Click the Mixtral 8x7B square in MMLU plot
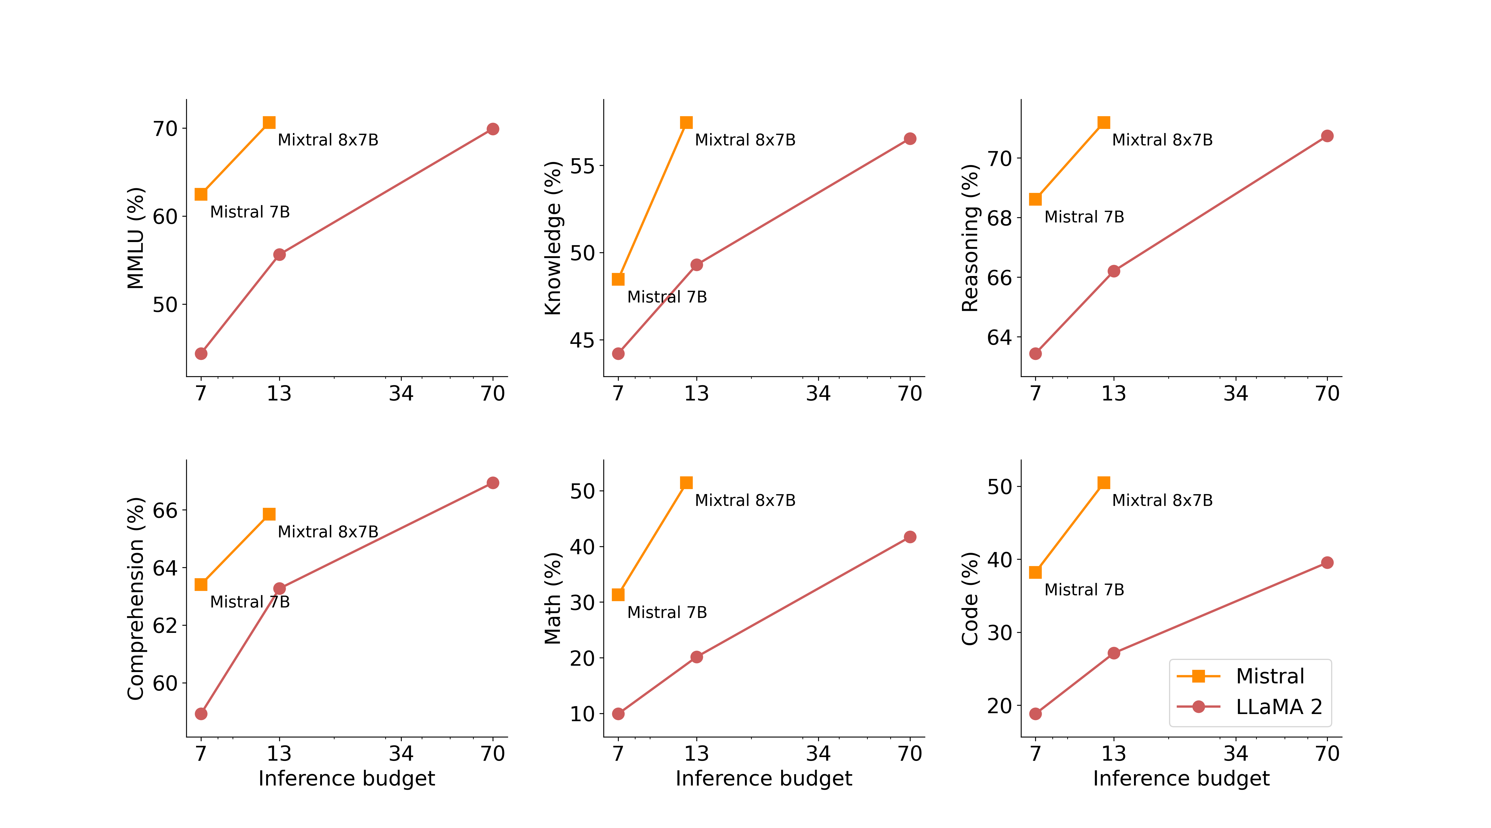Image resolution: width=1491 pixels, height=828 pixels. click(269, 123)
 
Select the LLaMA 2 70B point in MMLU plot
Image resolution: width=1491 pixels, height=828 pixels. click(493, 129)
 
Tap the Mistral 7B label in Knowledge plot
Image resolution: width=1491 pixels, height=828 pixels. click(667, 297)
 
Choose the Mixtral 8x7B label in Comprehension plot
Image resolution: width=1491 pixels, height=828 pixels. click(327, 532)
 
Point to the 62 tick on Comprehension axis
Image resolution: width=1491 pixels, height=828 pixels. click(165, 625)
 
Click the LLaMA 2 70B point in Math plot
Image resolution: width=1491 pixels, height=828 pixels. click(910, 537)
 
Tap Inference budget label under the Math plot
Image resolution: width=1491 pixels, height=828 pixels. click(763, 778)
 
